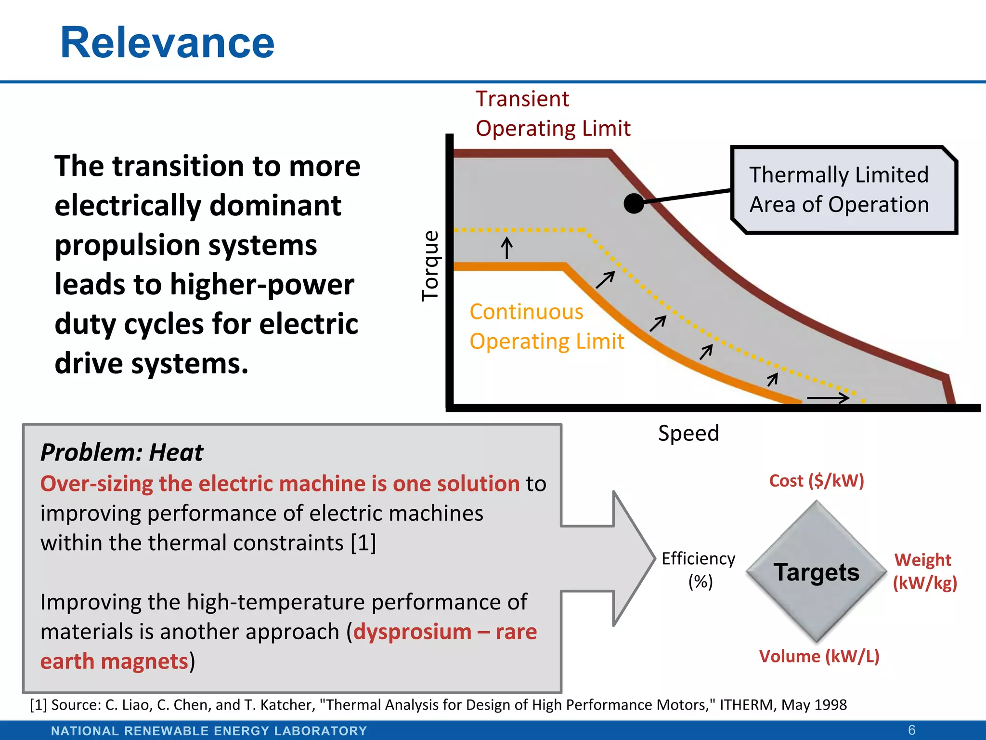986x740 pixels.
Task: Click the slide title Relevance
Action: tap(167, 43)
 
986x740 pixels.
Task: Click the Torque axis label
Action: tap(430, 266)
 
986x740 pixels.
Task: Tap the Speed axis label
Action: tap(688, 433)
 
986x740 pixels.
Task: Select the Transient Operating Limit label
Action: tap(552, 114)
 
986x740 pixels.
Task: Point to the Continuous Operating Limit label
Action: tap(546, 327)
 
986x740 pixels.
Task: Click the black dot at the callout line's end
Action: tap(634, 204)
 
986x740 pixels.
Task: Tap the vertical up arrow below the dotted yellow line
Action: tap(506, 248)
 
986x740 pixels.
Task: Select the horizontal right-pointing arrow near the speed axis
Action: tap(828, 398)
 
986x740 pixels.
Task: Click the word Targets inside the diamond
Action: tap(817, 572)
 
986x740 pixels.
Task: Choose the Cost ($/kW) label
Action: tap(817, 481)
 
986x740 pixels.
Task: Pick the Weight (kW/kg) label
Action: tap(924, 571)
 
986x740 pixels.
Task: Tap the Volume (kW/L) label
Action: tap(819, 656)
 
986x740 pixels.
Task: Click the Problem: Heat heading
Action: tap(122, 452)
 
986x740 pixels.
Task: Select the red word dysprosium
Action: tap(413, 632)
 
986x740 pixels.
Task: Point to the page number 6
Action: tap(911, 730)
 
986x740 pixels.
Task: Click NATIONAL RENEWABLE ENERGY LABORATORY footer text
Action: tap(209, 731)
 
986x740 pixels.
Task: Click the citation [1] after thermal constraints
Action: tap(363, 543)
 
